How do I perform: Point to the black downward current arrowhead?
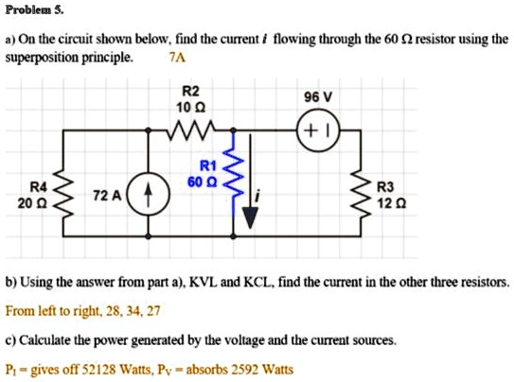(248, 218)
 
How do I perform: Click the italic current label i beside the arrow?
(273, 196)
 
